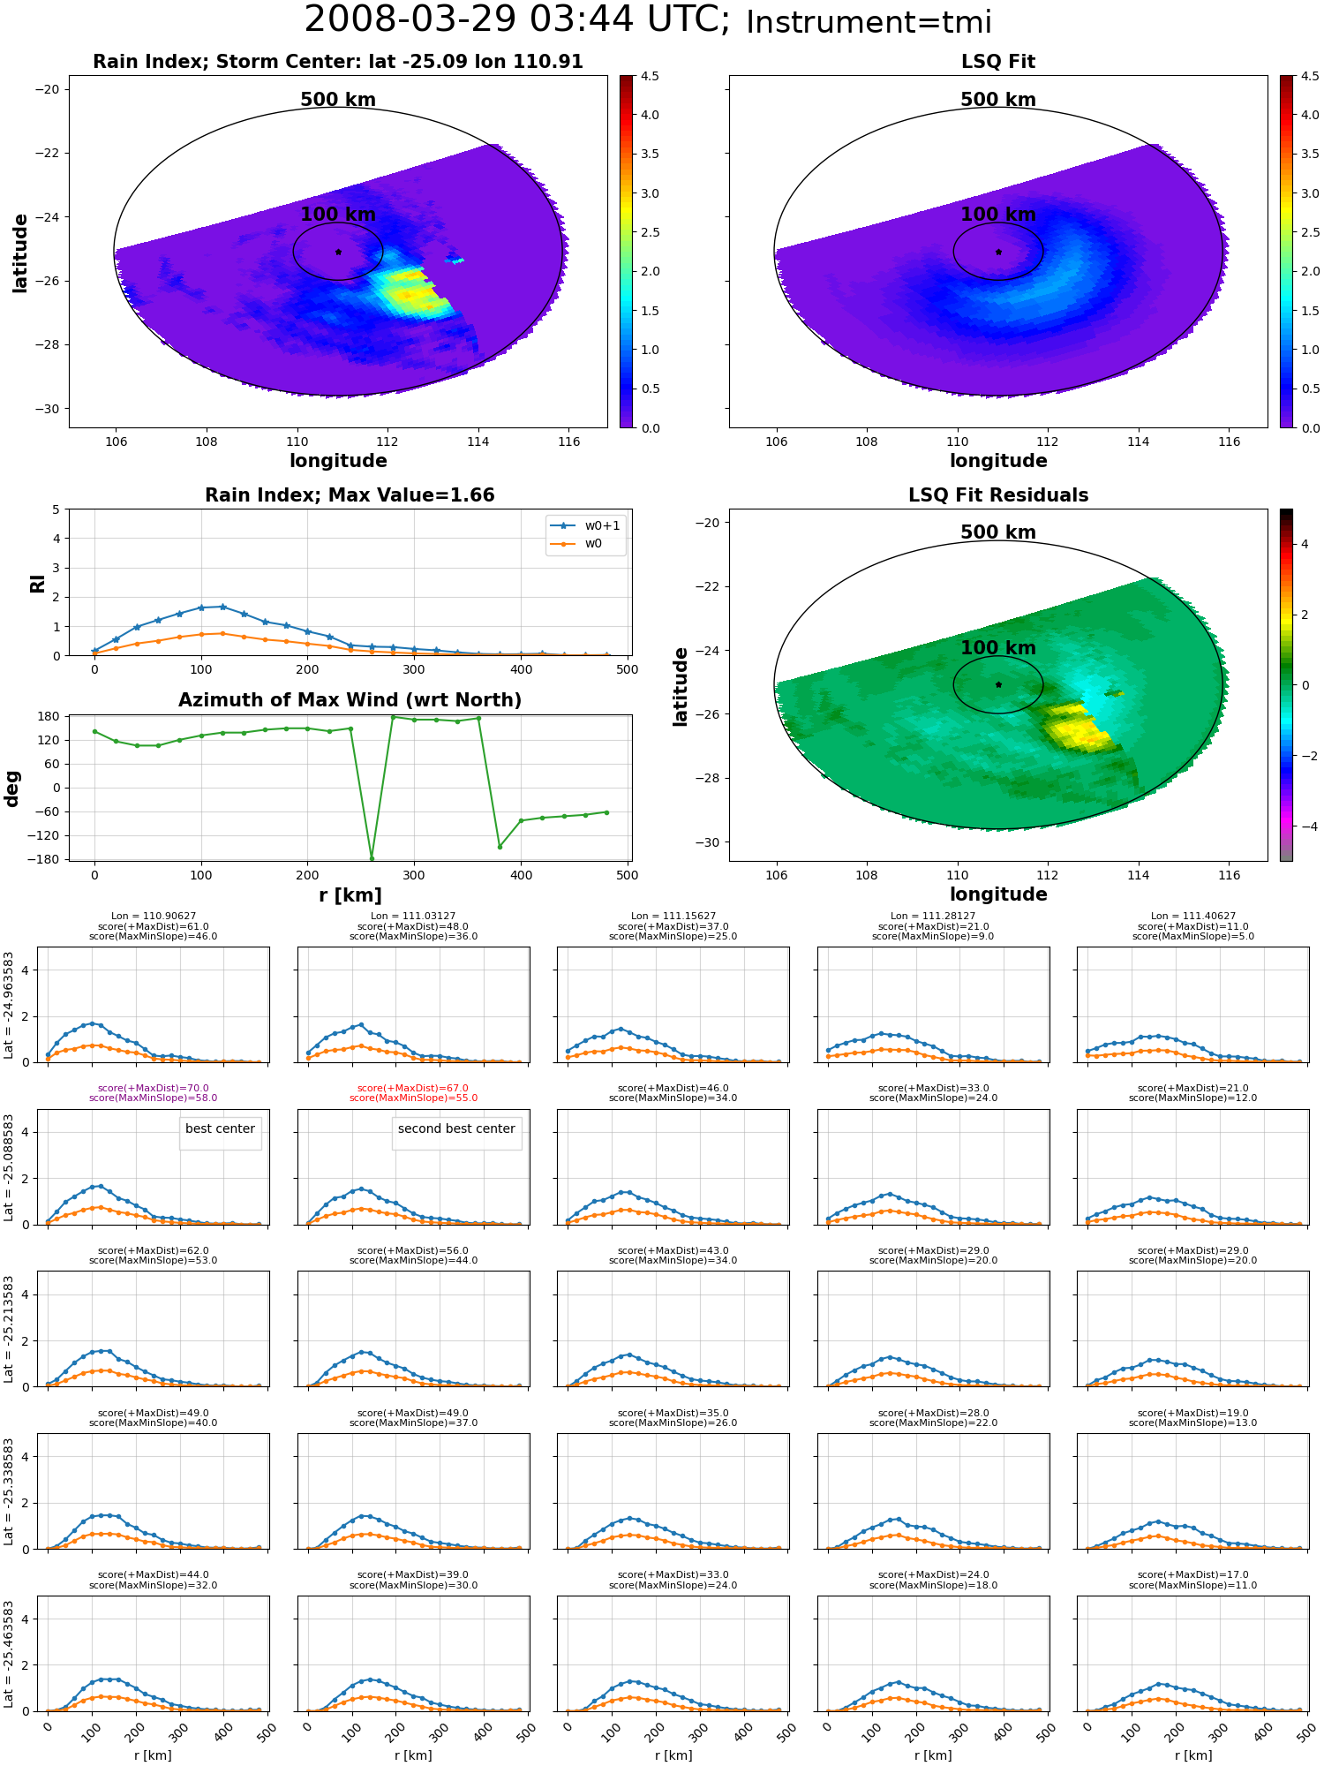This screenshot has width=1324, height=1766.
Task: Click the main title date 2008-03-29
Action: tap(422, 19)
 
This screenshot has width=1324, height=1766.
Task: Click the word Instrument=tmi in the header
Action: tap(869, 23)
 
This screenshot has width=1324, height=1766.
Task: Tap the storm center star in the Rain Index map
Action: tap(338, 252)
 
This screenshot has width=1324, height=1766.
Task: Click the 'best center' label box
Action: tap(220, 1128)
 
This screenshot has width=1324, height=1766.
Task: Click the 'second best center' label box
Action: tap(456, 1128)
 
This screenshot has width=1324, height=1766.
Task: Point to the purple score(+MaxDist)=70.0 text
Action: tap(154, 1089)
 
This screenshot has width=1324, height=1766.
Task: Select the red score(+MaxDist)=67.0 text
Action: tap(413, 1089)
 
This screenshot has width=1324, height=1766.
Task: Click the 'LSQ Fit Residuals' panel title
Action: tap(998, 495)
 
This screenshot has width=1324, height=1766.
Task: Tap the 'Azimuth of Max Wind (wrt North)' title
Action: tap(350, 700)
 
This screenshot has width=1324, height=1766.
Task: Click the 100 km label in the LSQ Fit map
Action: tap(998, 215)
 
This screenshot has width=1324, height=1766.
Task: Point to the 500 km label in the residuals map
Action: tap(998, 532)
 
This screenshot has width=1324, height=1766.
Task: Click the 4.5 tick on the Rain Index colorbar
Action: tap(650, 77)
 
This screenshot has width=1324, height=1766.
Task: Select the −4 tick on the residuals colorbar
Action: tap(1301, 826)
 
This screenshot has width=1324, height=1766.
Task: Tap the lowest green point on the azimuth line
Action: tap(372, 858)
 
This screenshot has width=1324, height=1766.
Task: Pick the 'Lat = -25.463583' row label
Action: tap(9, 1656)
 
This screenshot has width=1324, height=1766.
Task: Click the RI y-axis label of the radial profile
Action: tap(37, 584)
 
